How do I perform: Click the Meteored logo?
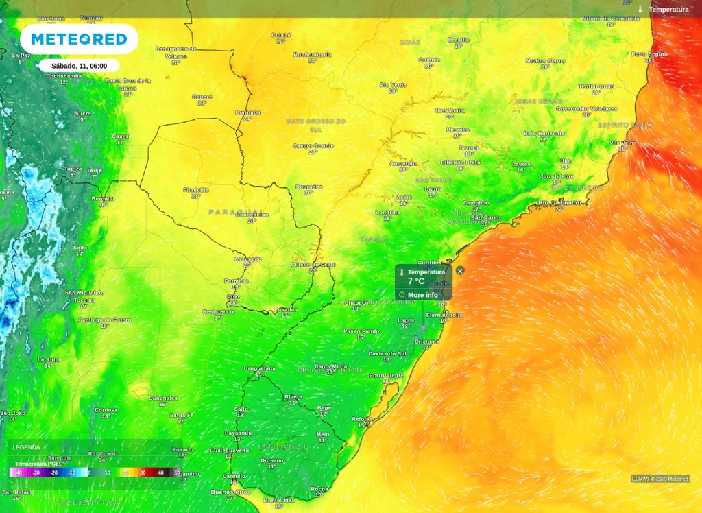[79, 39]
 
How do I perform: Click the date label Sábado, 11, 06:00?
[79, 66]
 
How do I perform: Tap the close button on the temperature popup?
[460, 270]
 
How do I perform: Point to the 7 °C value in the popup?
[416, 281]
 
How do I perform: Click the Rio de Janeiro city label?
[560, 202]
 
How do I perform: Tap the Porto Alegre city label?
[386, 375]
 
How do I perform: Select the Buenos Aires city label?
[231, 492]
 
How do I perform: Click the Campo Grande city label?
[313, 145]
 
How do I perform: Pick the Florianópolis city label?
[444, 315]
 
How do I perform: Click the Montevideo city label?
[278, 501]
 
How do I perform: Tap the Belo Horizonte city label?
[544, 133]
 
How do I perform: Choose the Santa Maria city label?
[330, 366]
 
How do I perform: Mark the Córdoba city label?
[106, 409]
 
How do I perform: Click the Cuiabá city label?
[281, 35]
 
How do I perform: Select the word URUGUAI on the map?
[282, 447]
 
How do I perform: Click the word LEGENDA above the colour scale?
[26, 447]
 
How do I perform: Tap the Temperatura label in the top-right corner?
[668, 10]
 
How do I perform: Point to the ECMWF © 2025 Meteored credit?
[660, 479]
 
